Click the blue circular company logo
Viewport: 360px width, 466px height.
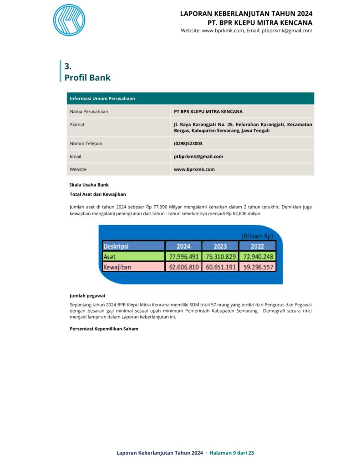pos(69,20)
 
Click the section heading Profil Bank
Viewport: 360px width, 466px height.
pos(87,78)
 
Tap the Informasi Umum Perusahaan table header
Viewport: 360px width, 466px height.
pos(102,98)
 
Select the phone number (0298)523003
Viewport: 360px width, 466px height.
pos(188,143)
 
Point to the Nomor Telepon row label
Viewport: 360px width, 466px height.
pos(86,143)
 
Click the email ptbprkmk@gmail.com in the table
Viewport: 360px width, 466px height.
pos(198,156)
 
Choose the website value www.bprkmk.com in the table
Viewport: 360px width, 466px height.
pos(194,169)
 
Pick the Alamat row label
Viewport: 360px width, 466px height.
pos(77,124)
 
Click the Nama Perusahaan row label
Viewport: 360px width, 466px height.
pos(89,111)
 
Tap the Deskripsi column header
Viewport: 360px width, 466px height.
pos(116,246)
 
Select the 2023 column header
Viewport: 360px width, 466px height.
pos(220,246)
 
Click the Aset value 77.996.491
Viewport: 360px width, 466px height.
pos(183,257)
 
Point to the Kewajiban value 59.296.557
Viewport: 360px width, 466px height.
pos(257,267)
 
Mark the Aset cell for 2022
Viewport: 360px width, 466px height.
pos(257,257)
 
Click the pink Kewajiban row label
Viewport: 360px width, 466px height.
pos(117,267)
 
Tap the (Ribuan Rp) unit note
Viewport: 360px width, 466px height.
pos(257,236)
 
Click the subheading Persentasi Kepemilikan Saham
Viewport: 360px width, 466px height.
pos(104,329)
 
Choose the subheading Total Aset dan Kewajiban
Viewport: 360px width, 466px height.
pos(98,194)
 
